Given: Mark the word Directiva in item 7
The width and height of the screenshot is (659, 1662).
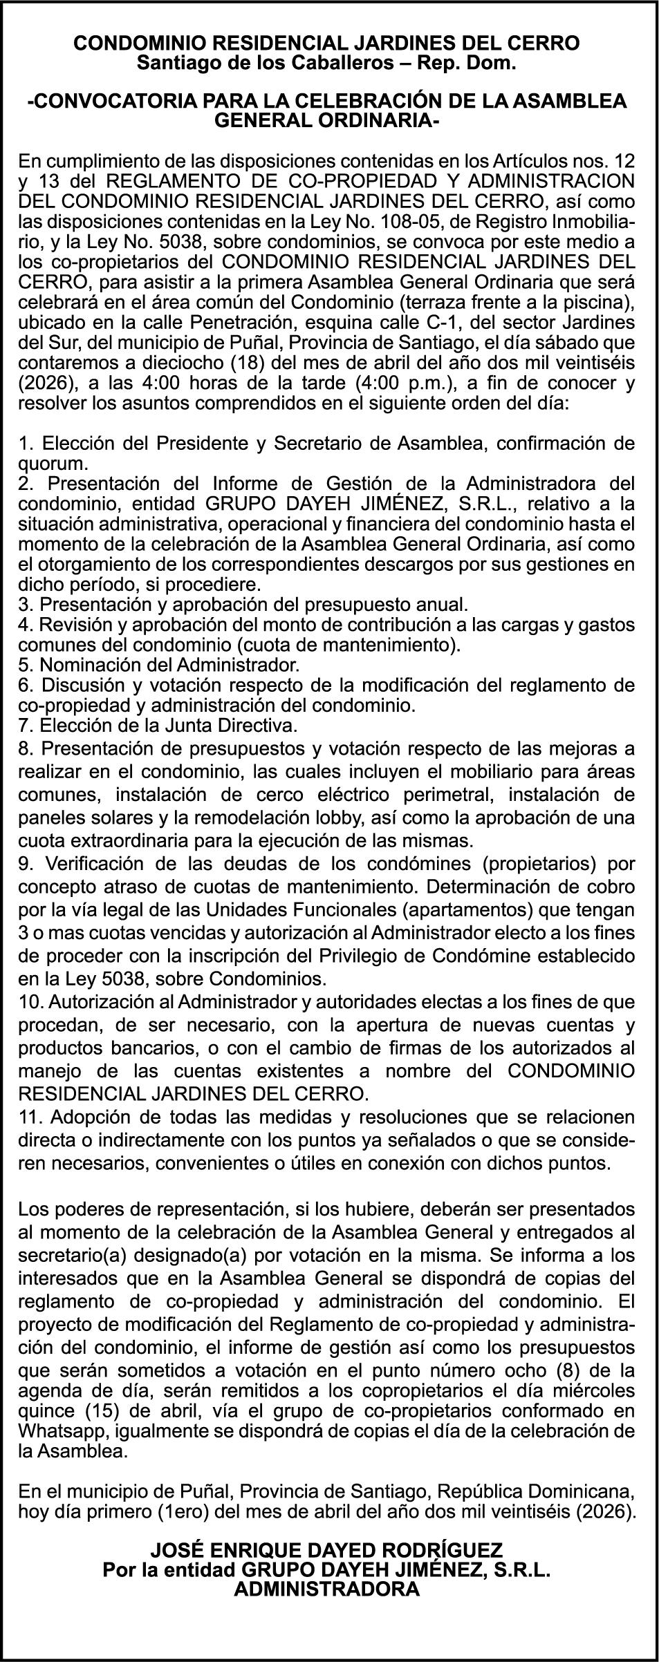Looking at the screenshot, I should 254,726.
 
